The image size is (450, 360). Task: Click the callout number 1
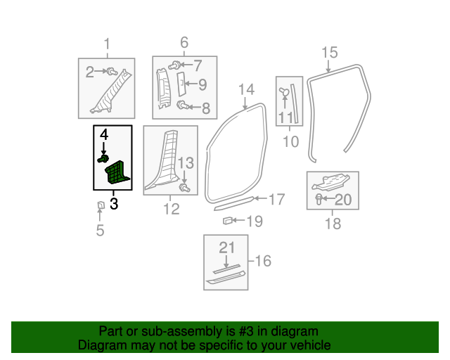(107, 44)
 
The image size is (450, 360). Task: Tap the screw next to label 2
(112, 71)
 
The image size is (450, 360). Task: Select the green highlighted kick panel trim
(117, 172)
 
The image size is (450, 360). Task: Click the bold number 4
(104, 134)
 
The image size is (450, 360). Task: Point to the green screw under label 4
(103, 158)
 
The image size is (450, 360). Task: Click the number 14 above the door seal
(247, 89)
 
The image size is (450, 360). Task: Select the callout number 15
(330, 53)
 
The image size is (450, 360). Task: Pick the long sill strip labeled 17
(234, 203)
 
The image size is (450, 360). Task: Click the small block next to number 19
(228, 221)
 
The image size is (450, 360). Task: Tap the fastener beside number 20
(319, 199)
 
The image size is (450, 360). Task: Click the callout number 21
(227, 247)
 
